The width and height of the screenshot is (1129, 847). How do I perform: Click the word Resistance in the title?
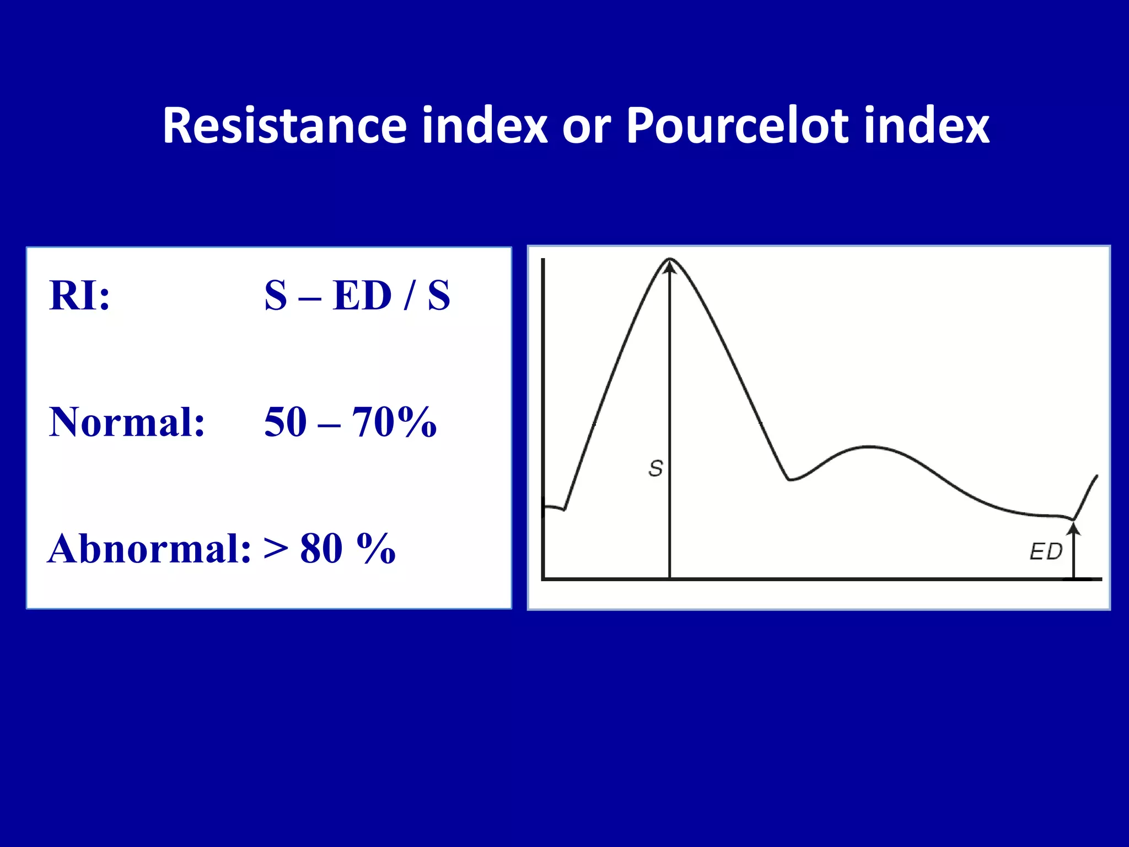tap(284, 126)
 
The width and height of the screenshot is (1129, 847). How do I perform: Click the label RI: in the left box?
tap(79, 296)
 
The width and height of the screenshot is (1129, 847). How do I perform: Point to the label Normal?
tap(127, 422)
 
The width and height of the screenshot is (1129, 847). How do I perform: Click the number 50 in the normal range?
tap(286, 422)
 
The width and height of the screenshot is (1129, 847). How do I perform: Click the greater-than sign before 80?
tap(276, 550)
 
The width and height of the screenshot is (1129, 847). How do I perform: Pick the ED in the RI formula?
tap(362, 296)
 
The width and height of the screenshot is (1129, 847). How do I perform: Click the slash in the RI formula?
tap(408, 296)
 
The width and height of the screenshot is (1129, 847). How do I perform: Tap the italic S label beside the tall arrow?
tap(655, 469)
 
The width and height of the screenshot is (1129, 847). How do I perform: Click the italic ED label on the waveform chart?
tap(1046, 551)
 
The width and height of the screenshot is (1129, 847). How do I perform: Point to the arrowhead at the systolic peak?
tap(670, 267)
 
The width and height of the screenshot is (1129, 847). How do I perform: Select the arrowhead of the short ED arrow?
tap(1073, 529)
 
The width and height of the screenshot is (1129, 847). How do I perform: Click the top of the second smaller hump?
tap(869, 447)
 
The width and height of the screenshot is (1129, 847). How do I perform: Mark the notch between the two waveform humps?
tap(790, 479)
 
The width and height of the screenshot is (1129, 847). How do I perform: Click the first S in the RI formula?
tap(276, 296)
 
